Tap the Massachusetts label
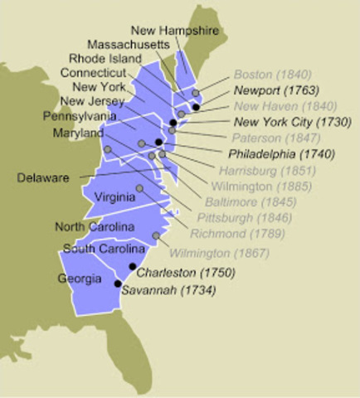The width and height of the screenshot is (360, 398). click(129, 44)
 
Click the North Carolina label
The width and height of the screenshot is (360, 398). click(94, 226)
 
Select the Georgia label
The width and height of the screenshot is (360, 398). click(79, 279)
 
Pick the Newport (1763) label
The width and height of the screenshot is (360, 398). click(271, 90)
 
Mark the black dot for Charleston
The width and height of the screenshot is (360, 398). click(133, 266)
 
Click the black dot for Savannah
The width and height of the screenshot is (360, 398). click(118, 284)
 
